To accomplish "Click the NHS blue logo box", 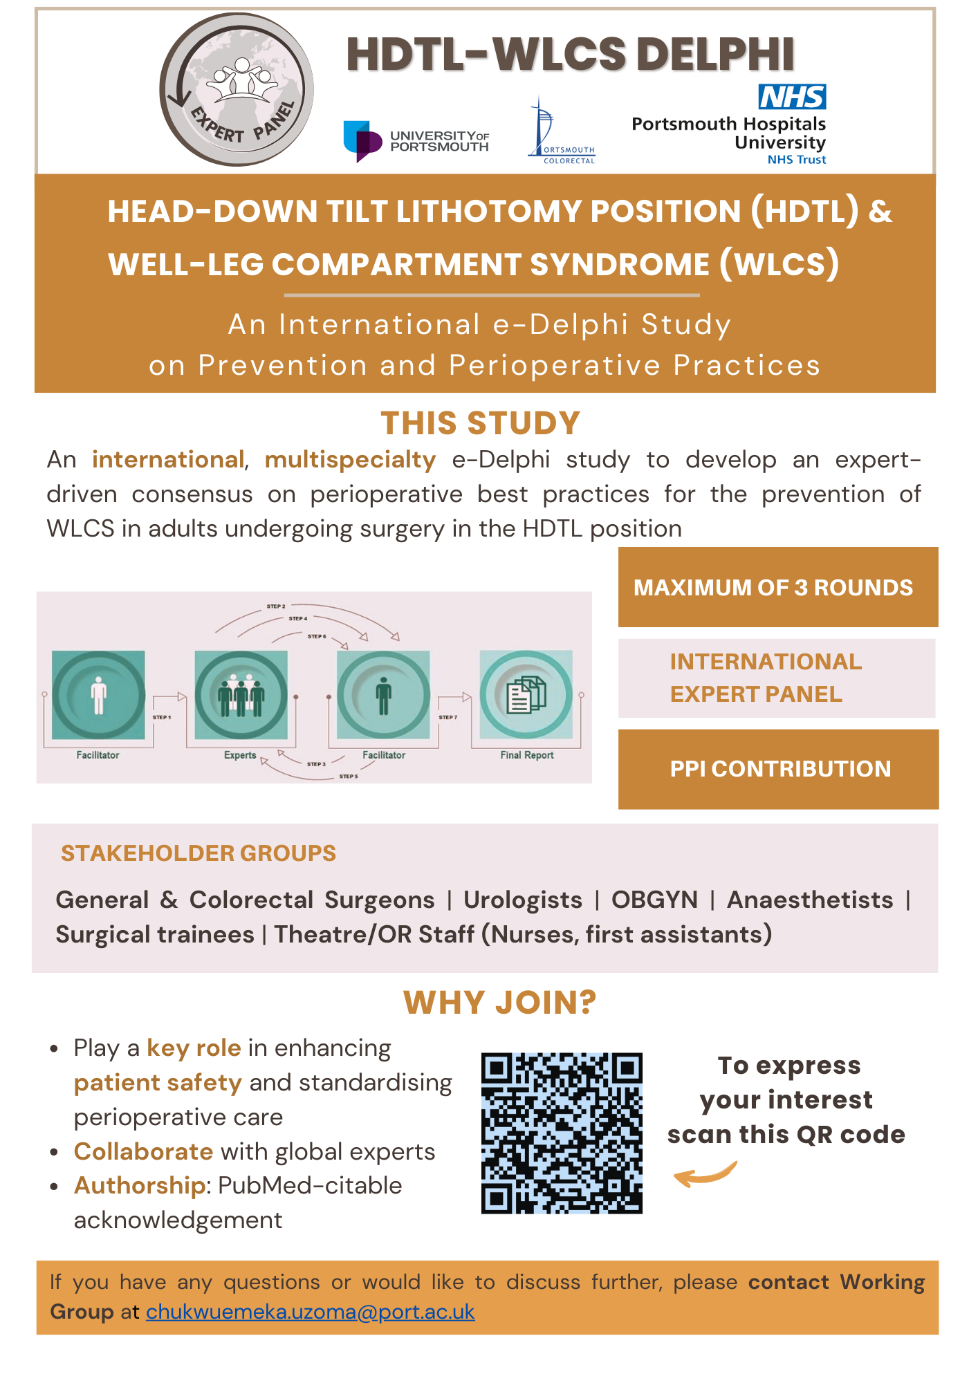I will coord(792,97).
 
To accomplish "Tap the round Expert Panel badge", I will coord(237,90).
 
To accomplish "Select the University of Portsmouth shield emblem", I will coord(362,140).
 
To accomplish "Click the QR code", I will coord(562,1133).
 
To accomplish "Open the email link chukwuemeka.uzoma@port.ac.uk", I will coord(310,1312).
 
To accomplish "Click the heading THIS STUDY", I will coord(480,423).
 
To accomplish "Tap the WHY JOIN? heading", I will coord(499,1003).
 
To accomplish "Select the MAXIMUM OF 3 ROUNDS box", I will coord(777,587).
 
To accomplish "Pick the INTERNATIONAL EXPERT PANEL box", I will coord(776,678).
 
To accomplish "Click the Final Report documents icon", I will coord(526,694).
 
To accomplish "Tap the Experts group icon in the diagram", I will coord(241,694).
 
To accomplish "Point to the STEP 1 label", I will coord(162,717).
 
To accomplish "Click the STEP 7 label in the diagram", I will coord(448,717).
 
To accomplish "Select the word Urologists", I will coord(523,900).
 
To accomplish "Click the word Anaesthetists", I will coord(810,900).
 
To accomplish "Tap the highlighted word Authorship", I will coord(140,1185).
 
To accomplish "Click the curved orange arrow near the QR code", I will coord(705,1174).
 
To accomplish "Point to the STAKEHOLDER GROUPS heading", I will coord(199,853).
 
